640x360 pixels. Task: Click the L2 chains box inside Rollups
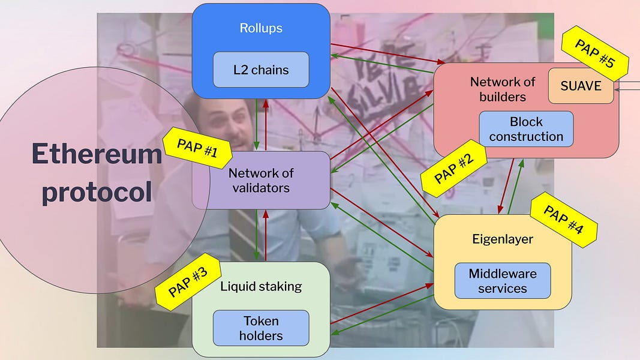click(x=261, y=70)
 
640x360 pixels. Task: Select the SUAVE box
click(x=581, y=86)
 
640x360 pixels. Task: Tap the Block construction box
click(x=526, y=129)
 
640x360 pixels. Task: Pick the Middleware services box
click(x=502, y=281)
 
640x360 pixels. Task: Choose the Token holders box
click(x=261, y=328)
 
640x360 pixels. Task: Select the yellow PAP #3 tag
click(x=188, y=282)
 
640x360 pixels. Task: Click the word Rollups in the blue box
click(x=261, y=28)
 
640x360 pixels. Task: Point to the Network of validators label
click(x=261, y=180)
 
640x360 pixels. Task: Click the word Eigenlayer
click(x=502, y=239)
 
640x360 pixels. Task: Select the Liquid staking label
click(x=261, y=286)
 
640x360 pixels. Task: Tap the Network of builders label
click(x=502, y=89)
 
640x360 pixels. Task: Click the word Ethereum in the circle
click(x=97, y=154)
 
